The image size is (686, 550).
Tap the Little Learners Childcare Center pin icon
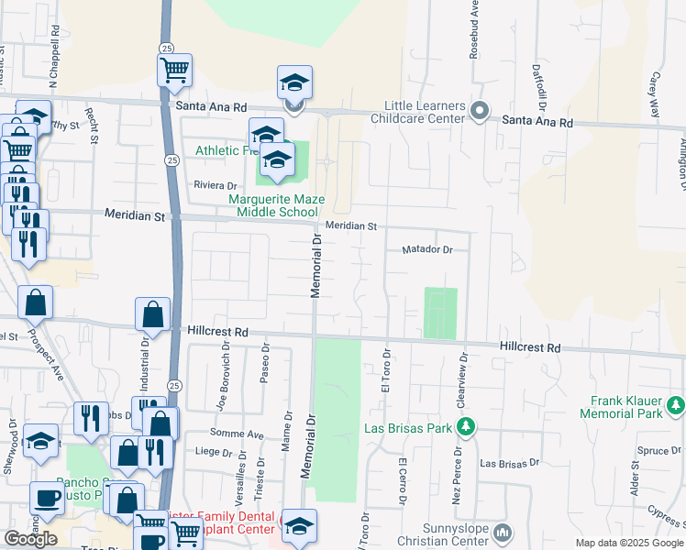[479, 111]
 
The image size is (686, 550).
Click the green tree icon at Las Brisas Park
[466, 426]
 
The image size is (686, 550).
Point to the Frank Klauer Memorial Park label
[627, 407]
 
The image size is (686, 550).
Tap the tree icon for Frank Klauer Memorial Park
[676, 403]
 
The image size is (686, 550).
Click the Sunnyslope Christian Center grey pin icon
[503, 532]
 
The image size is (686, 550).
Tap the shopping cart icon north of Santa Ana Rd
[174, 69]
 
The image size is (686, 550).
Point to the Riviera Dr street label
[215, 185]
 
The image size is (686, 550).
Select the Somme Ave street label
[241, 434]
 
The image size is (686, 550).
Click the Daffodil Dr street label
[541, 85]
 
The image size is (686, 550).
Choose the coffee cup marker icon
[47, 499]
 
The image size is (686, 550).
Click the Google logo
[30, 539]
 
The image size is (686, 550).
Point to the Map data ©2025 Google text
[630, 543]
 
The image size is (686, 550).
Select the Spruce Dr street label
[658, 451]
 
